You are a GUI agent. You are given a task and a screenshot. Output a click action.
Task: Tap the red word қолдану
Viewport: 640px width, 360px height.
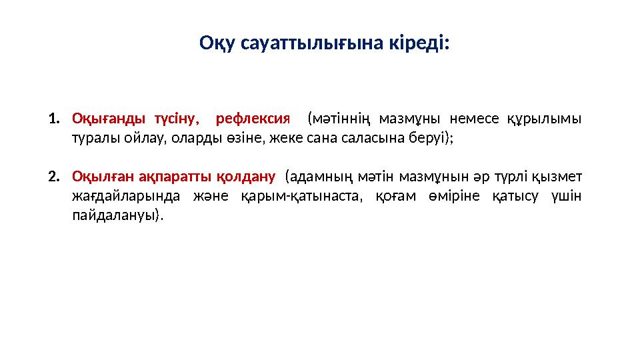tap(247, 177)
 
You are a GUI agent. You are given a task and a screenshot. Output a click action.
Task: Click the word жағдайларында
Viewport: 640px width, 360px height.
tap(123, 196)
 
